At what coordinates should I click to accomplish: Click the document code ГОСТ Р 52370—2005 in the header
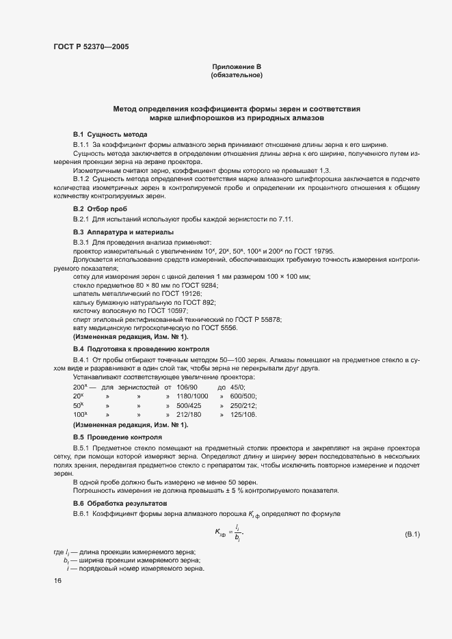coord(90,47)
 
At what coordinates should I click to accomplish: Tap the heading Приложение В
coord(237,66)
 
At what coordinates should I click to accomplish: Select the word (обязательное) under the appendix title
coord(237,75)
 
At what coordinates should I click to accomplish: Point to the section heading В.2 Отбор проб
coord(100,208)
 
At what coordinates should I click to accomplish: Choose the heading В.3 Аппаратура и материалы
coord(123,232)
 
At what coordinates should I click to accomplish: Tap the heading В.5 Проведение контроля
coord(117,436)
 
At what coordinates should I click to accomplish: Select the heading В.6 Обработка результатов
coord(120,502)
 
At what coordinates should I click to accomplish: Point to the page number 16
coord(57,580)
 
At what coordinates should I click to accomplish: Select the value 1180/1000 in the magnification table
coord(192,396)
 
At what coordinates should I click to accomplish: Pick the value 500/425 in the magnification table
coord(189,405)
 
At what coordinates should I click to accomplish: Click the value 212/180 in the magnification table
coord(189,414)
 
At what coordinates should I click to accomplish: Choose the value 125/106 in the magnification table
coord(243,414)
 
